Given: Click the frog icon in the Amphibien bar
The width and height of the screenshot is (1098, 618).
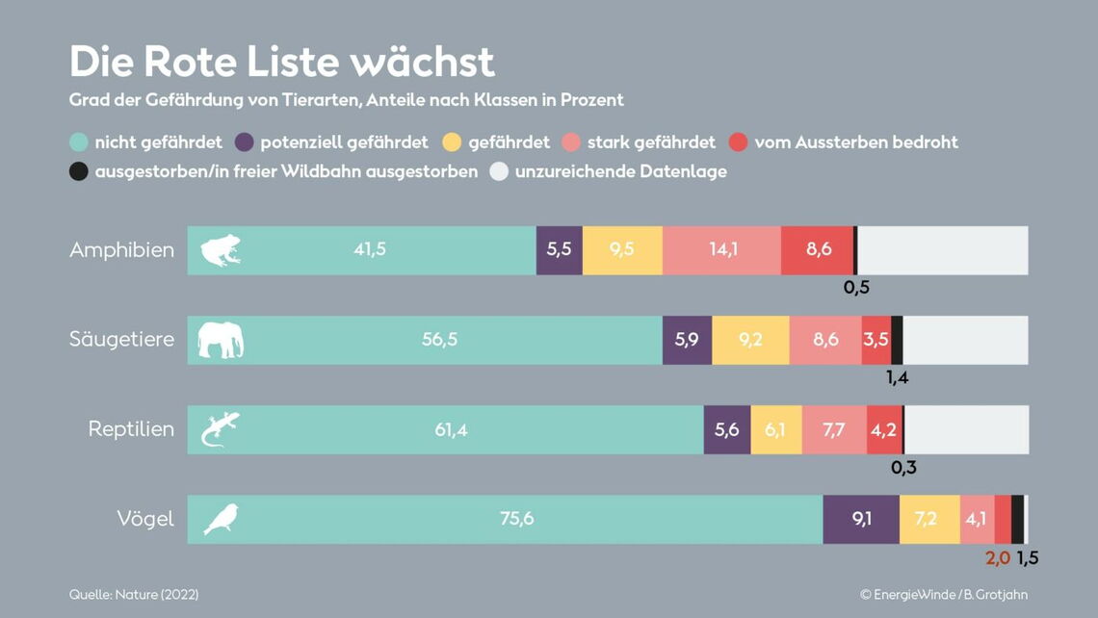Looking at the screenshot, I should coord(221,250).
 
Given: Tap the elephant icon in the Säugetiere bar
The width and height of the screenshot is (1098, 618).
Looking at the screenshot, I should coord(221,340).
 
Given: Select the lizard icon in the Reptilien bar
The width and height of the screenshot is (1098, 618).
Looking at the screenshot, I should coord(220,429).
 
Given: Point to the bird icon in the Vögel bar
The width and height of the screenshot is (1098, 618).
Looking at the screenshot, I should coord(221,520).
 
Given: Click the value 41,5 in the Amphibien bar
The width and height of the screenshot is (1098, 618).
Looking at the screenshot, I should coord(370,250).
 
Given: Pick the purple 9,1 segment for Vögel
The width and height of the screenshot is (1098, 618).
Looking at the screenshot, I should coord(861,520).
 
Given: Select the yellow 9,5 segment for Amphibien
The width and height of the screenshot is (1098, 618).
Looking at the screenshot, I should coord(622,250).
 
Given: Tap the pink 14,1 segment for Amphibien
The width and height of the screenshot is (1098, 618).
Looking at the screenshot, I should coord(722,250).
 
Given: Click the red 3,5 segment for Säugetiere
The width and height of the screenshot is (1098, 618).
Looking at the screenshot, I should coord(876,340).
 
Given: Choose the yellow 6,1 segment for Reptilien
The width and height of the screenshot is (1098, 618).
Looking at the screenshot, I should coord(775,429).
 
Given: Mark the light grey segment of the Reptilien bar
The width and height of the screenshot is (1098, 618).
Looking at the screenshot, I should coord(966,429).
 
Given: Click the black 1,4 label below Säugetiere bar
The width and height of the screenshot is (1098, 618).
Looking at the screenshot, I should coord(897,377).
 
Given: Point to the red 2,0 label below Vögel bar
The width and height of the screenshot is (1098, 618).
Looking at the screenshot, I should coord(997,557).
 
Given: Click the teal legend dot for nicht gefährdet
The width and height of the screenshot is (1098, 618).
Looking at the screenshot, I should coord(79,142).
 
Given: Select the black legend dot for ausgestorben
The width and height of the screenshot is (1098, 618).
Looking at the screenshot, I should coord(79,171).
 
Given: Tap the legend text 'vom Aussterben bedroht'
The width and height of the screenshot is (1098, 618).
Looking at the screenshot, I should coord(855,142).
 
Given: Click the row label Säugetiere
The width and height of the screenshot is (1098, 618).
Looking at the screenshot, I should coord(121,340).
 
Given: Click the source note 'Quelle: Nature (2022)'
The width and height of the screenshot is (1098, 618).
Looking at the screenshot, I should coord(134,595).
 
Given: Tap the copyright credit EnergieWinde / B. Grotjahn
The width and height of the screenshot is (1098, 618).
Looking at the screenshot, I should coord(943,595).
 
